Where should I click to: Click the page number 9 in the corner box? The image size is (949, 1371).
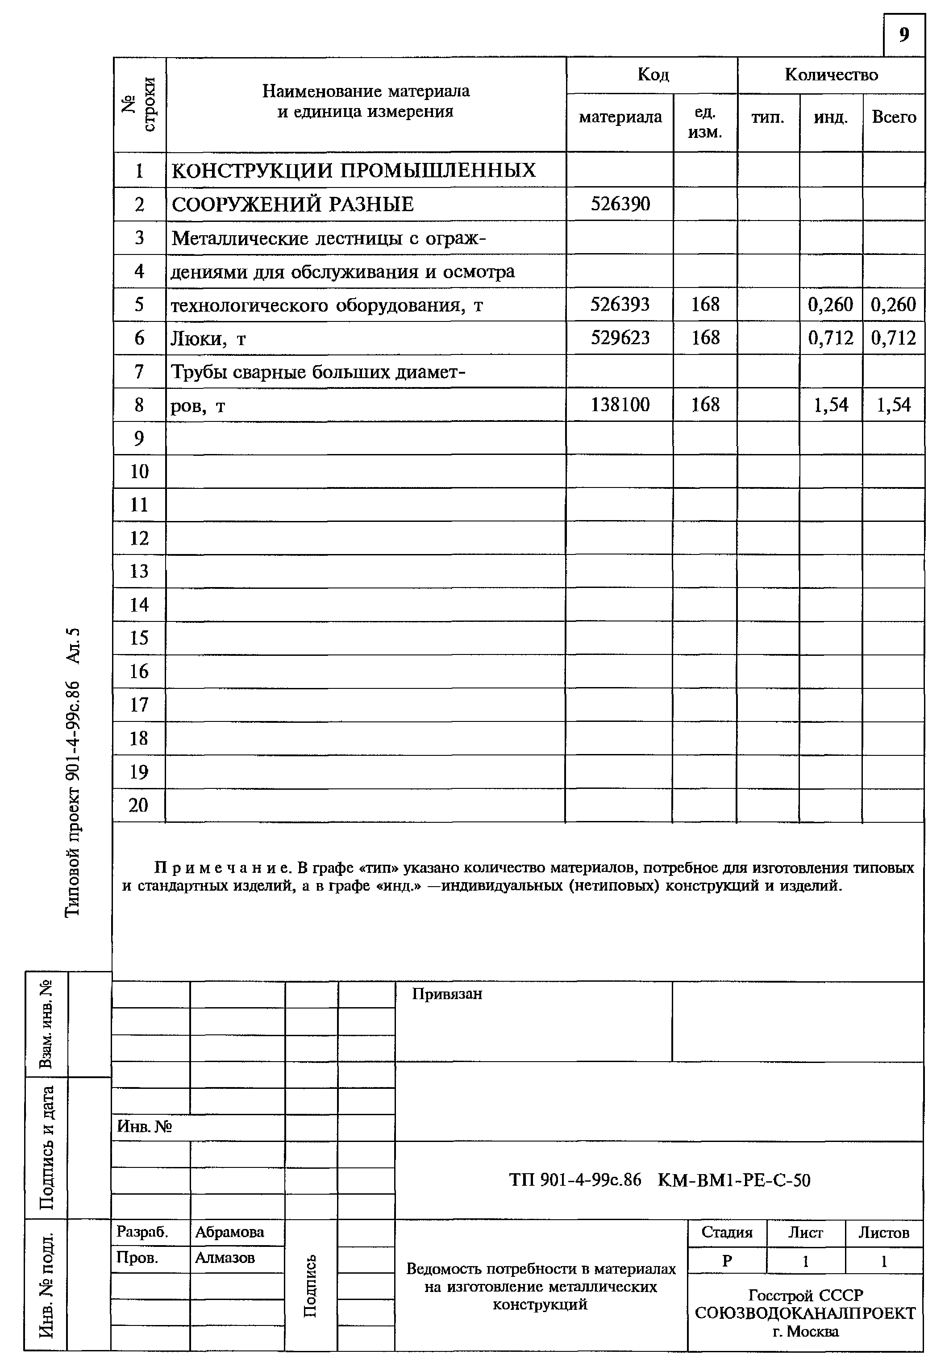point(904,35)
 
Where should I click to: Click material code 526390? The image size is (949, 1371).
point(620,204)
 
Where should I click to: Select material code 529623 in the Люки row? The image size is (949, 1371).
point(620,338)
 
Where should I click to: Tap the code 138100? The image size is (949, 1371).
point(620,405)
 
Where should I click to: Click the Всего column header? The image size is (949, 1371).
point(894,117)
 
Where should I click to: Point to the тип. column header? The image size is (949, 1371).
point(768,117)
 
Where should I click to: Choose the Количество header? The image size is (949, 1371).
point(831,75)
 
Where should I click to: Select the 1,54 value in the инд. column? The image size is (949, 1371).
point(831,405)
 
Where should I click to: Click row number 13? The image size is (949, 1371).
point(139,571)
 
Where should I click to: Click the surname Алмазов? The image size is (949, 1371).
point(225,1258)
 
